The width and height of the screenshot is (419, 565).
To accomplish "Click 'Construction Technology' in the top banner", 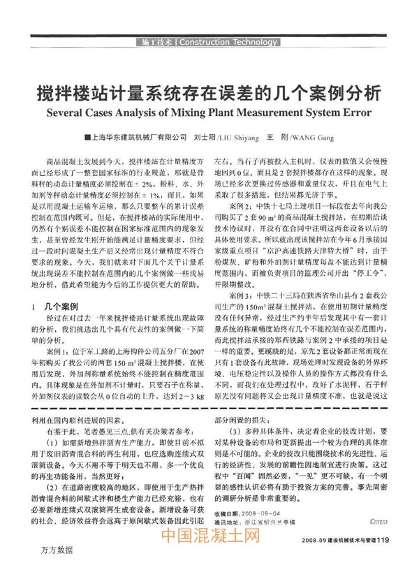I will click(228, 43).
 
